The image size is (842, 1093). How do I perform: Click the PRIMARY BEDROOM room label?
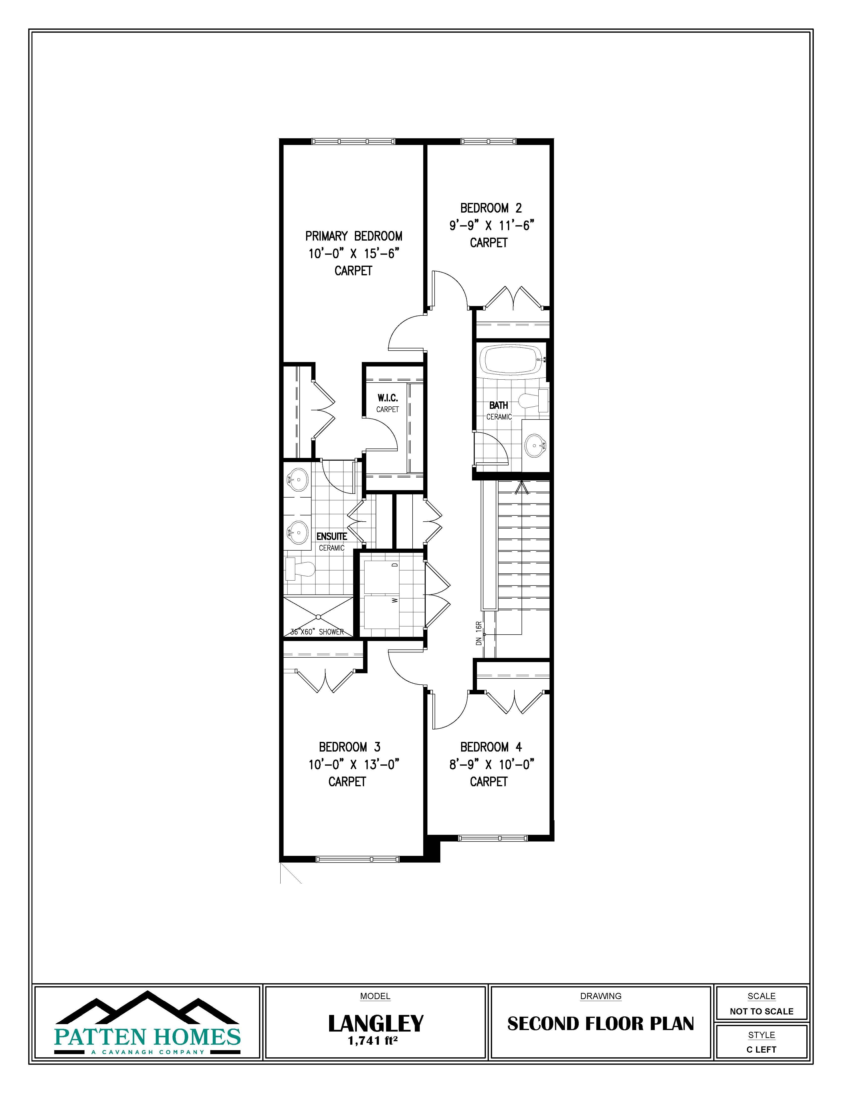(354, 236)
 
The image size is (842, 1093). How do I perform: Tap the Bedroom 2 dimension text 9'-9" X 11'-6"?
(491, 225)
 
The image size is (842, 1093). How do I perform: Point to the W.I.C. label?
(388, 398)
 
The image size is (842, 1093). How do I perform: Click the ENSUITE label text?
(332, 536)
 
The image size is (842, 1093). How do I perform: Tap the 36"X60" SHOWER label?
(317, 632)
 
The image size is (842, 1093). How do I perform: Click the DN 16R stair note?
(479, 633)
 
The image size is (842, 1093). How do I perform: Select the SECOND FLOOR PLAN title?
(601, 1024)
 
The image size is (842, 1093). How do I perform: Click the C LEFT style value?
(762, 1049)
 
